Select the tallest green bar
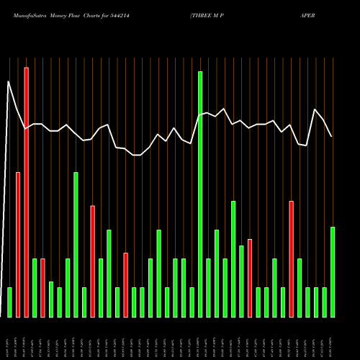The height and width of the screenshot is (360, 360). [200, 194]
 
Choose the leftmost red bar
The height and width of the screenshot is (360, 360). [18, 245]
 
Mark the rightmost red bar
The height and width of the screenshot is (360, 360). [291, 259]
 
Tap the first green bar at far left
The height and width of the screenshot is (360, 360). [9, 302]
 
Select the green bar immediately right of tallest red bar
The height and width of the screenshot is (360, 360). [35, 288]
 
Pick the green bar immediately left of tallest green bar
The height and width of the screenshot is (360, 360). [192, 302]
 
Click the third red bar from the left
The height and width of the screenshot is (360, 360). [42, 288]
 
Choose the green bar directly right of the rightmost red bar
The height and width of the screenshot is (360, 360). [300, 288]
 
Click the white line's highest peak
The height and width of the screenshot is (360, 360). [9, 81]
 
